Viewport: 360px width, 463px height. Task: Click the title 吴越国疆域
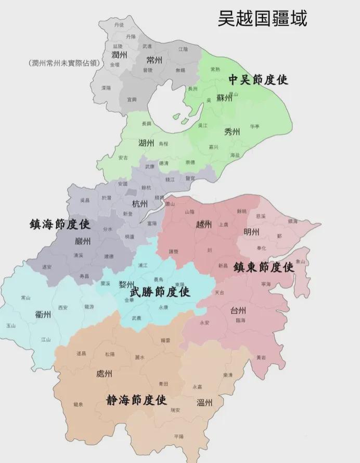click(x=263, y=18)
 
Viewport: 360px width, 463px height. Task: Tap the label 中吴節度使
click(x=259, y=80)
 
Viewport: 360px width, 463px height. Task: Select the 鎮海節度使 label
click(x=60, y=224)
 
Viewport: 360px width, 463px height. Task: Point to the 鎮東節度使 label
click(x=263, y=267)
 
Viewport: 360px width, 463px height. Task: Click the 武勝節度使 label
click(x=159, y=292)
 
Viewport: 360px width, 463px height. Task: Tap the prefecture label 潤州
click(x=120, y=54)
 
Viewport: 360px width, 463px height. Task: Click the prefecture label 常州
click(x=155, y=60)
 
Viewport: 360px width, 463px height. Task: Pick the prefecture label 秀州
click(x=232, y=132)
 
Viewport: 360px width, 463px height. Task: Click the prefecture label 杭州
click(x=139, y=203)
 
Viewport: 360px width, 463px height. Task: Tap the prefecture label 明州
click(x=252, y=231)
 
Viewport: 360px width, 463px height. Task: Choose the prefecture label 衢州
click(x=43, y=314)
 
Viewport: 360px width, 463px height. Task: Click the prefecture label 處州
click(x=104, y=374)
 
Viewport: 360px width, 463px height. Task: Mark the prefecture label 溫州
click(x=204, y=402)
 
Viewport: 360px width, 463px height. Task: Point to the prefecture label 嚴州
click(x=83, y=241)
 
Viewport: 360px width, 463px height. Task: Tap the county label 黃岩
click(x=261, y=358)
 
